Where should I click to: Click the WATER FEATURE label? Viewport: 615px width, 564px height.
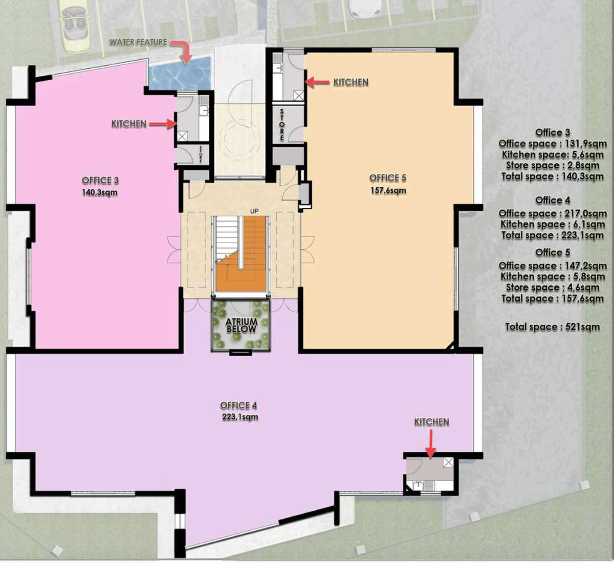138,42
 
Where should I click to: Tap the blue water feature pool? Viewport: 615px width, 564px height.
180,74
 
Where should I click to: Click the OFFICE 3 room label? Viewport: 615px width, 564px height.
100,180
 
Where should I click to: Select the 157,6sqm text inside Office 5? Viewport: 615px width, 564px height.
388,190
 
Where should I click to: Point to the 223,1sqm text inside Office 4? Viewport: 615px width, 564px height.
240,417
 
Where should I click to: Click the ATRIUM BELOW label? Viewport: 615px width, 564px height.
241,326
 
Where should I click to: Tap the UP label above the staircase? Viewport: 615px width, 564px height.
254,211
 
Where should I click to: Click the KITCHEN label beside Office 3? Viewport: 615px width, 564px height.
129,124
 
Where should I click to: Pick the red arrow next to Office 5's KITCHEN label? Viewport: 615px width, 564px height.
318,82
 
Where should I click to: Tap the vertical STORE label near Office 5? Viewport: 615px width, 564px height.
282,125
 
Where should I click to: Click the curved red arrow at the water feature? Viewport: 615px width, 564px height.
182,52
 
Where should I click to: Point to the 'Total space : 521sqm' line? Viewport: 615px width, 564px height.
553,327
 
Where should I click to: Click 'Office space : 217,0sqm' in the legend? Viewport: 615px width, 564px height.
553,213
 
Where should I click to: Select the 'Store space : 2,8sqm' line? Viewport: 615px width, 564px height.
553,166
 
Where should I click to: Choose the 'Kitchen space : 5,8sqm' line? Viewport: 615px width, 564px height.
553,276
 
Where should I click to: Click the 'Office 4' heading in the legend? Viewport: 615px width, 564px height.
553,201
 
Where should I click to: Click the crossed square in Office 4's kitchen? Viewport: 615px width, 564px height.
448,462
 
